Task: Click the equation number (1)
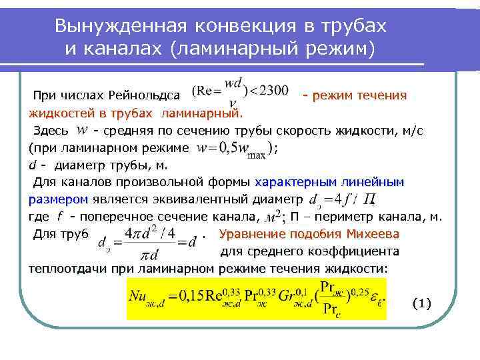(421, 303)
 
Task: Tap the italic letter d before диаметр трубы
(33, 165)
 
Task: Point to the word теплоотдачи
(63, 268)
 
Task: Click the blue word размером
(59, 199)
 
